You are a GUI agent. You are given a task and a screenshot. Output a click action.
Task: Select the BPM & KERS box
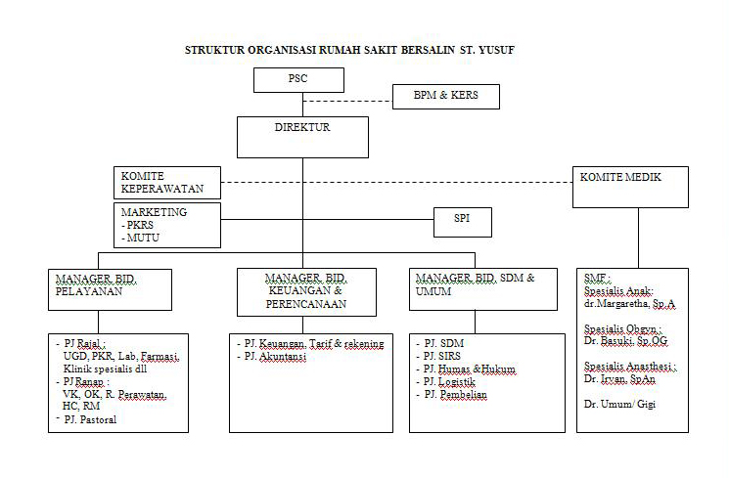[x=446, y=97]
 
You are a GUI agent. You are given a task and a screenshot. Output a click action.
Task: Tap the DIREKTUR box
[x=302, y=137]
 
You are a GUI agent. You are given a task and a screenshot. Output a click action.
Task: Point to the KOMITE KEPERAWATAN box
[x=165, y=181]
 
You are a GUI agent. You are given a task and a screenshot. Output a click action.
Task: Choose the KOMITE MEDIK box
[x=629, y=187]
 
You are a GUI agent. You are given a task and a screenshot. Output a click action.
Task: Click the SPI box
[x=462, y=221]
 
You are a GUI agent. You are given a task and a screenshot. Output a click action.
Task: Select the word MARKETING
[x=154, y=212]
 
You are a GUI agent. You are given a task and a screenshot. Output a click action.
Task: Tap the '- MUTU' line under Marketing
[x=141, y=238]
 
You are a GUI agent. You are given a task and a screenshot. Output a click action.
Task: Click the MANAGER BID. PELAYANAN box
[x=110, y=290]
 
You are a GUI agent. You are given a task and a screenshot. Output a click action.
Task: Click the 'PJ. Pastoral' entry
[x=90, y=420]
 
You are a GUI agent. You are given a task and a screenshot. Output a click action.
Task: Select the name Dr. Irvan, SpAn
[x=619, y=377]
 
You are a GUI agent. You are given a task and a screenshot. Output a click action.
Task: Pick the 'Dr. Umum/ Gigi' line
[x=619, y=403]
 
